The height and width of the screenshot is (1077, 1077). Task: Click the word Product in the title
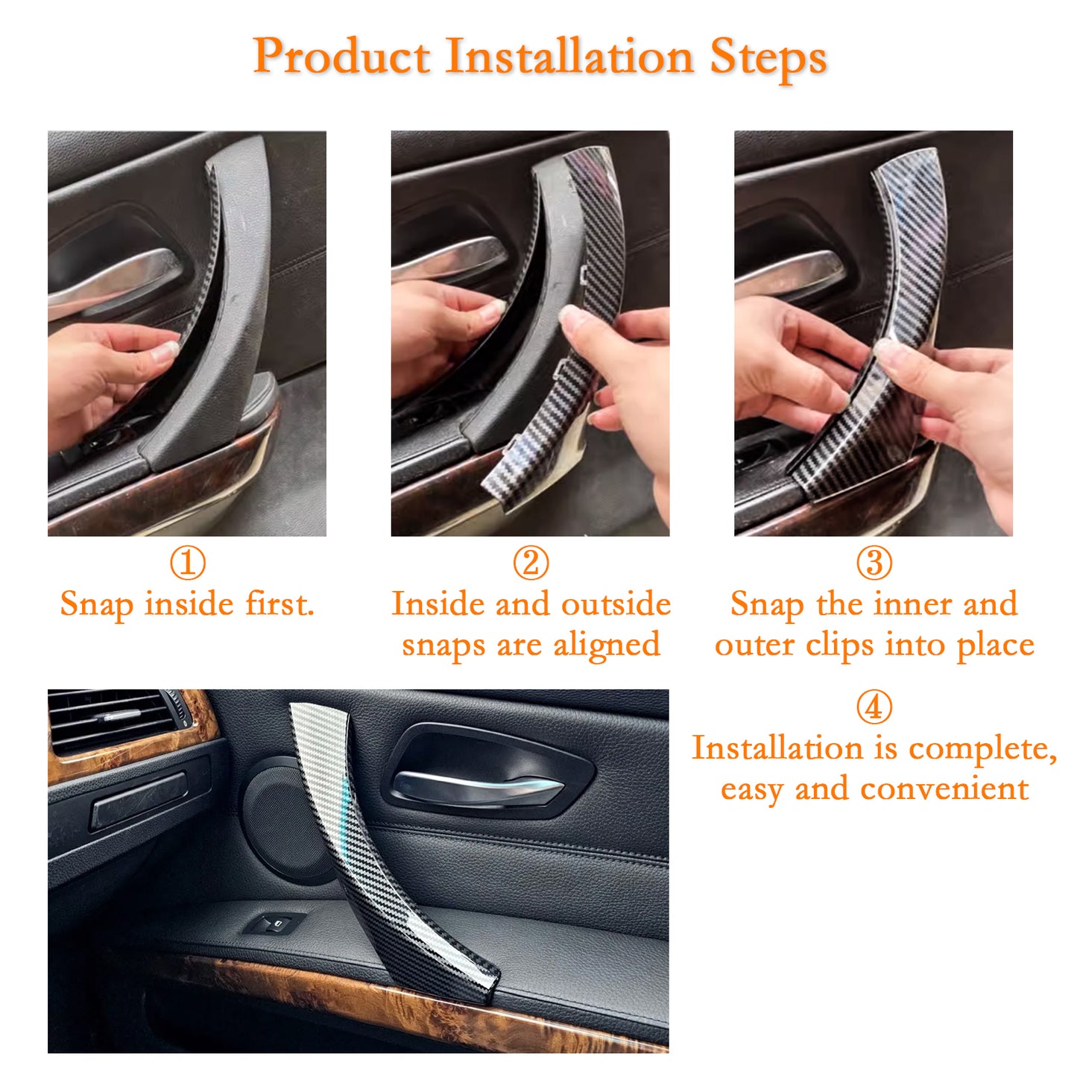click(341, 57)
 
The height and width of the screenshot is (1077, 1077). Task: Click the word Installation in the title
click(569, 56)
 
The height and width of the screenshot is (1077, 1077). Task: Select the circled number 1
click(188, 563)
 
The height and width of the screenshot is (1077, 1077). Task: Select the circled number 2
click(531, 563)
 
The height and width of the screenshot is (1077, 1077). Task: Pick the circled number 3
click(874, 563)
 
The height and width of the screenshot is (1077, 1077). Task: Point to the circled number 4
click(874, 707)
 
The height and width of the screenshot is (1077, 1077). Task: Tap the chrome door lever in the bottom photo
click(478, 787)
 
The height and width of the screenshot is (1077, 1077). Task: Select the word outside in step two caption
click(616, 604)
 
